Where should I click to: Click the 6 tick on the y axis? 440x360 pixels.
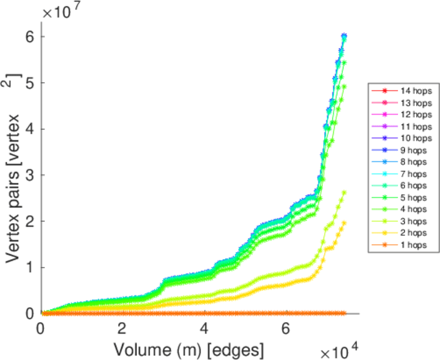(29, 37)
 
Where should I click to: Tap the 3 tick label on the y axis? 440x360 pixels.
(29, 175)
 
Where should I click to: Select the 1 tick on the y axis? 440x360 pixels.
(29, 267)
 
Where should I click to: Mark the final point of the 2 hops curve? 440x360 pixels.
(345, 223)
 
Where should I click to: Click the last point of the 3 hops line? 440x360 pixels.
(345, 193)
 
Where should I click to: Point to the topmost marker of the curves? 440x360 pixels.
(345, 36)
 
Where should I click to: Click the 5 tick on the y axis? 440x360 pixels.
(29, 83)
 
